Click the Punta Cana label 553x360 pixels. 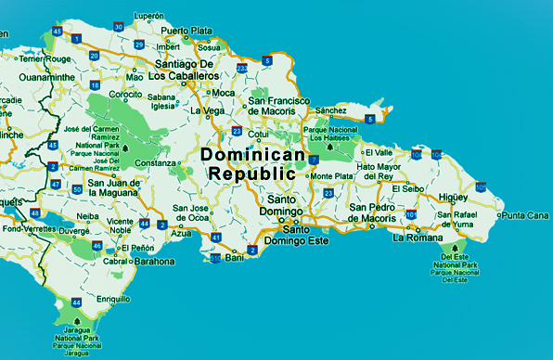[525, 215]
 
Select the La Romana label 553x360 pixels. [415, 238]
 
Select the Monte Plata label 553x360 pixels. [331, 176]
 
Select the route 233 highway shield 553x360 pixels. [242, 68]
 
